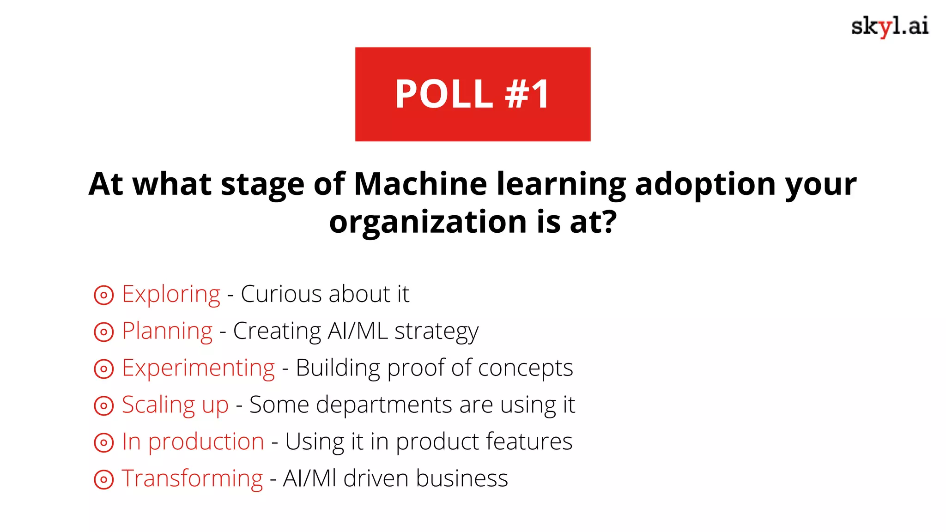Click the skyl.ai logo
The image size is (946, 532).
tap(890, 26)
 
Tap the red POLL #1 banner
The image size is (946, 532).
tap(473, 94)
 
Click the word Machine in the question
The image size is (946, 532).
tap(420, 184)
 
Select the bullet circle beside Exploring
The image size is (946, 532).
tap(103, 295)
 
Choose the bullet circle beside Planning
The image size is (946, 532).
tap(103, 332)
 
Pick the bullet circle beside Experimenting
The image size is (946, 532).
tap(103, 369)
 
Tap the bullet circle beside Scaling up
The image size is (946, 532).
tap(103, 406)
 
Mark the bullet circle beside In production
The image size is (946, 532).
tap(103, 443)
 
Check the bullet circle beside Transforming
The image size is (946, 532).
tap(103, 479)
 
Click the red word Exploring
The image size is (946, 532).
tap(171, 295)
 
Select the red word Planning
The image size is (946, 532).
tap(167, 332)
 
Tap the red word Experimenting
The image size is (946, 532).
tap(198, 369)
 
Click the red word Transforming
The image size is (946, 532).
tap(192, 478)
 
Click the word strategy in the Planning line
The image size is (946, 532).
tap(436, 332)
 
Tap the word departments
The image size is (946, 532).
tap(384, 405)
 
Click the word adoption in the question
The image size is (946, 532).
tap(705, 184)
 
